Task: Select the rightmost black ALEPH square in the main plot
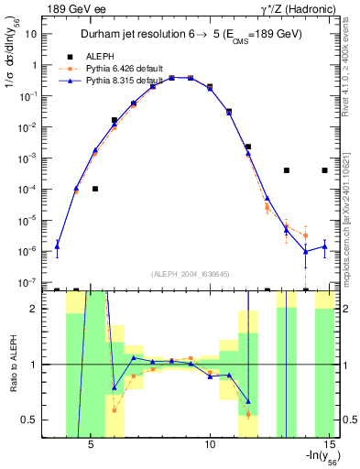coord(324,170)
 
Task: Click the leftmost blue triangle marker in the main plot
coord(57,245)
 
